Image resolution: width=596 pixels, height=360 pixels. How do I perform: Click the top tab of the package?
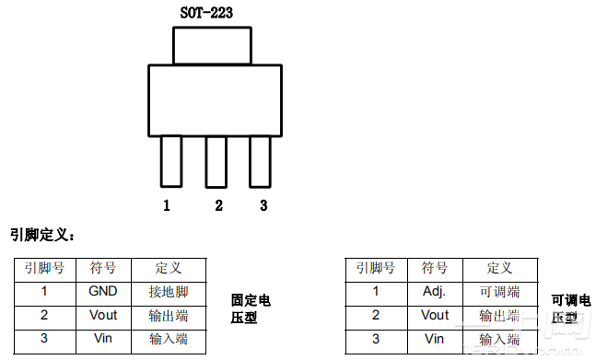212,45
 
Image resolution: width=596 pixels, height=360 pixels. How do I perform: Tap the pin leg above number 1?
171,160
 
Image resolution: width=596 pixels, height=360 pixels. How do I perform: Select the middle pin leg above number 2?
216,160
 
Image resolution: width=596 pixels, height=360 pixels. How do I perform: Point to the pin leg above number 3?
260,160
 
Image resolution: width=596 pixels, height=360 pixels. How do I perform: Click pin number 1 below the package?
167,205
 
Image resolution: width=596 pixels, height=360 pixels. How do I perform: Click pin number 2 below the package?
218,205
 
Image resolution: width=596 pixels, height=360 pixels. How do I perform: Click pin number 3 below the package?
263,205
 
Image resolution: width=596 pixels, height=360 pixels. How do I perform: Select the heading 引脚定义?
42,236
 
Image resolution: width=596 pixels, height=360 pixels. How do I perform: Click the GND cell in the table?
102,292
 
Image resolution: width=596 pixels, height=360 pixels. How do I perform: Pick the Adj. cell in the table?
435,292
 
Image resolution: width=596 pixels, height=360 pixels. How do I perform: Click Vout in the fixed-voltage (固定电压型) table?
102,315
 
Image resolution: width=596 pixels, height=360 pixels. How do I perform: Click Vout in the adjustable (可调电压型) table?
435,315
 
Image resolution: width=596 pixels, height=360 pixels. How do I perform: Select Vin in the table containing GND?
102,338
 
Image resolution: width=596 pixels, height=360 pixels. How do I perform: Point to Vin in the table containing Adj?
435,338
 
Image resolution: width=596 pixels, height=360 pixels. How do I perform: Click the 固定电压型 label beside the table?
251,309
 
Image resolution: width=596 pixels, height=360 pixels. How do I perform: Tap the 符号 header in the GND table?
102,269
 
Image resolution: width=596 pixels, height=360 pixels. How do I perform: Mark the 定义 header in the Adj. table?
499,269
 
